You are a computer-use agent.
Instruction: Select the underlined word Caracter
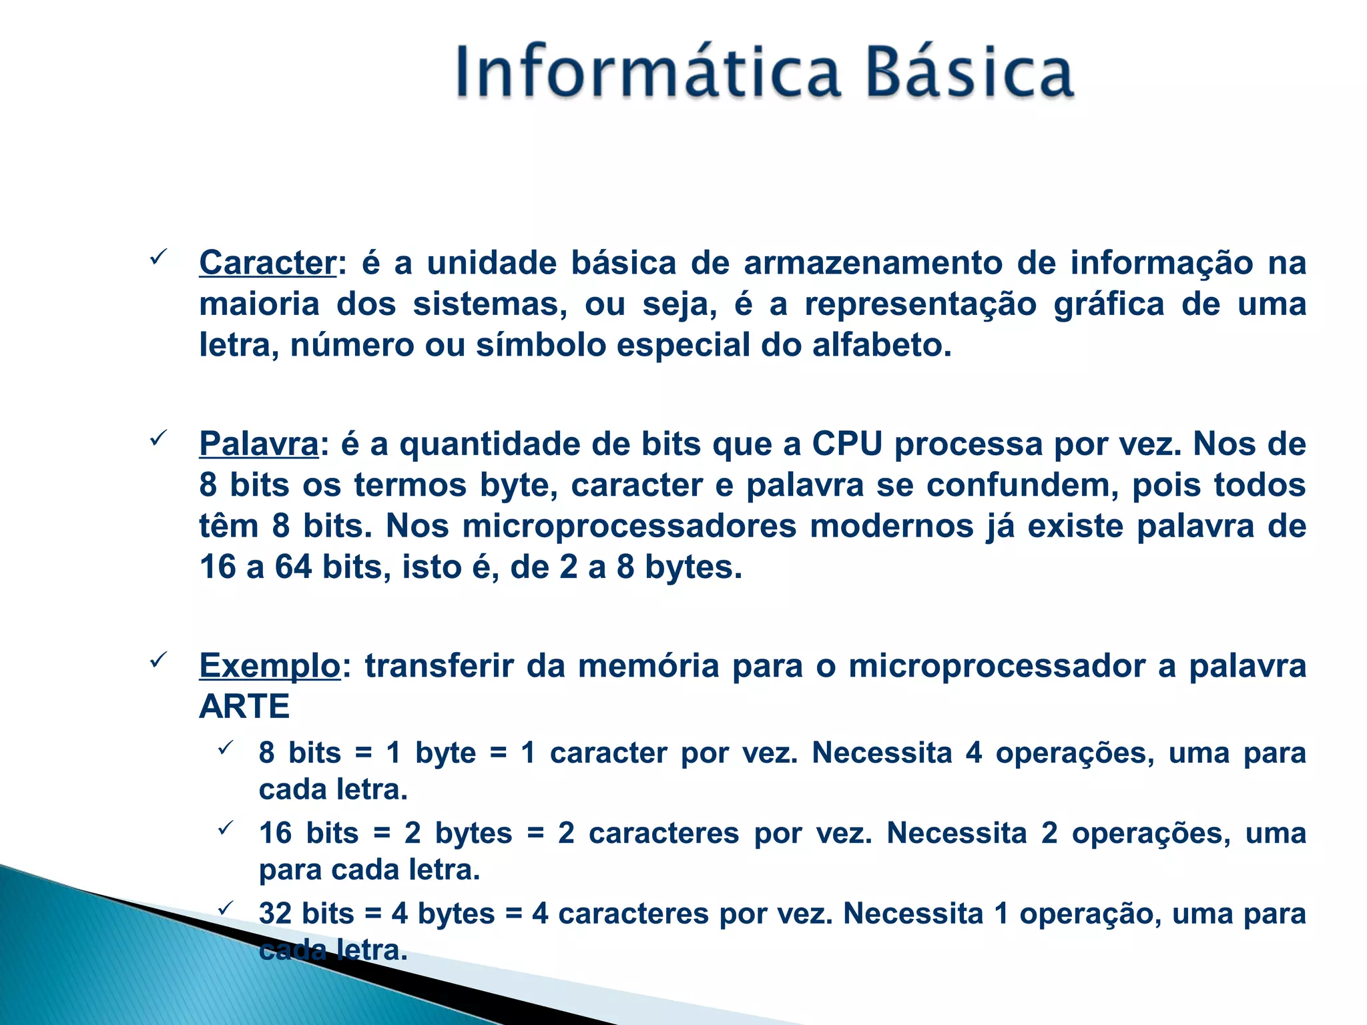point(267,263)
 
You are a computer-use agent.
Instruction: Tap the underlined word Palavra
point(259,444)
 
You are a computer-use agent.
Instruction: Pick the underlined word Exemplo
point(270,666)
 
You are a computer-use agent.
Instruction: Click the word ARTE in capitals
point(244,707)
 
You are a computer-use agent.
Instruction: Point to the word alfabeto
point(881,345)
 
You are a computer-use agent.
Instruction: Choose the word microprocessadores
point(629,527)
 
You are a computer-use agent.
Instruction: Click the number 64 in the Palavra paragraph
point(294,567)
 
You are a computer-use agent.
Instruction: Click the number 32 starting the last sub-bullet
point(275,914)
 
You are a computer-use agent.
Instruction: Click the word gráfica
point(1109,304)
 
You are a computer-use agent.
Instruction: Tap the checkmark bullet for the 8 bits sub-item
point(225,748)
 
